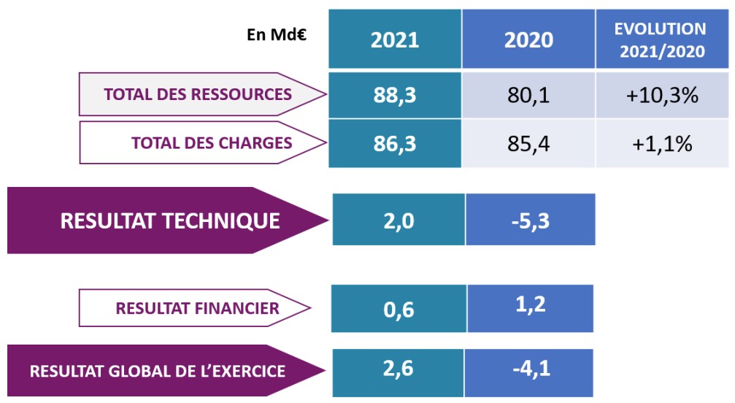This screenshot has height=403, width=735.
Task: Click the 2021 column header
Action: click(x=395, y=39)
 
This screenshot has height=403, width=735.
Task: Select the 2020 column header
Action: click(x=528, y=39)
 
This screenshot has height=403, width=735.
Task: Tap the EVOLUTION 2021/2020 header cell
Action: click(x=662, y=39)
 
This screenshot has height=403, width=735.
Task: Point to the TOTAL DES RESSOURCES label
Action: click(x=198, y=94)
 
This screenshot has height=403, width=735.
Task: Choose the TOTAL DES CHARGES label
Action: click(x=212, y=142)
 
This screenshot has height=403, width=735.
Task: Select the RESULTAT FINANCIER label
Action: click(x=197, y=308)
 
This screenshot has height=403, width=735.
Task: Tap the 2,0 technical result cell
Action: click(x=398, y=220)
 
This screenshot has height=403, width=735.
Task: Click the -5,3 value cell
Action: click(x=530, y=220)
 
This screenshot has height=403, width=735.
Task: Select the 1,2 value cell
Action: click(x=530, y=308)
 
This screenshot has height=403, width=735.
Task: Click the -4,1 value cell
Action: click(x=530, y=369)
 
